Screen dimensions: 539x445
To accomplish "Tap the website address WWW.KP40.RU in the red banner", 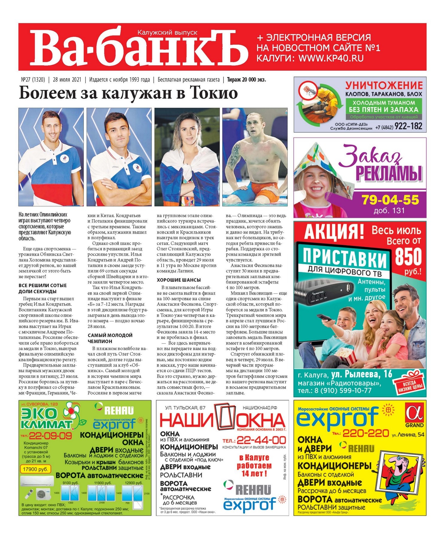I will [x=331, y=58].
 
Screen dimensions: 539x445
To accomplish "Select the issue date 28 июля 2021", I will [x=67, y=80].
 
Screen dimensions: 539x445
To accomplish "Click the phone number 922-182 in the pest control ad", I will [x=408, y=126].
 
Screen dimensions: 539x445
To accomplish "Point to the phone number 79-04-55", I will [x=391, y=200].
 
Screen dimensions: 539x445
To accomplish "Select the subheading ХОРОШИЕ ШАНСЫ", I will [x=179, y=280].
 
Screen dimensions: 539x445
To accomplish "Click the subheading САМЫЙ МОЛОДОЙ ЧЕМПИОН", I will [x=110, y=338].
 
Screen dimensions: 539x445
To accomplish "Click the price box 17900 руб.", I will [x=35, y=469].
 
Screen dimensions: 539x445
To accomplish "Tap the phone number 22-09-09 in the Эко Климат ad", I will [x=50, y=436].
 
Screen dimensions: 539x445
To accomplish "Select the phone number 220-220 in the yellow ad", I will [x=366, y=433].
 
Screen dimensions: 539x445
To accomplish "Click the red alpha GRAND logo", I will [x=414, y=415].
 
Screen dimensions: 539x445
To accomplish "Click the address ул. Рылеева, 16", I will [x=361, y=374].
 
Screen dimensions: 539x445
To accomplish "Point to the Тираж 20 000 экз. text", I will [x=246, y=80].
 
